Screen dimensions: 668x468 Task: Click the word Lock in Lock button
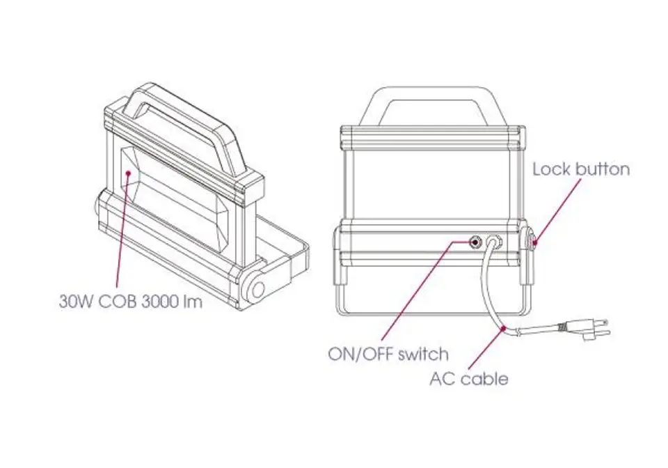551,169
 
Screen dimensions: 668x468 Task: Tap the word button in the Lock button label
602,169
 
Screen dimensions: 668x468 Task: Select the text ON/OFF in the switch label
361,354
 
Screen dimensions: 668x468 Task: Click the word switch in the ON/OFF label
423,354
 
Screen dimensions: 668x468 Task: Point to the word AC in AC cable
442,378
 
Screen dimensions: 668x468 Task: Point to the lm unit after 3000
193,302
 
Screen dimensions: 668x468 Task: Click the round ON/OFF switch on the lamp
475,242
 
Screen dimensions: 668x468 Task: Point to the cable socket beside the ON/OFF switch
493,242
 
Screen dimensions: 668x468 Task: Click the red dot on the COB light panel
127,173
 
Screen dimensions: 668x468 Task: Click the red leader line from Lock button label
557,211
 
